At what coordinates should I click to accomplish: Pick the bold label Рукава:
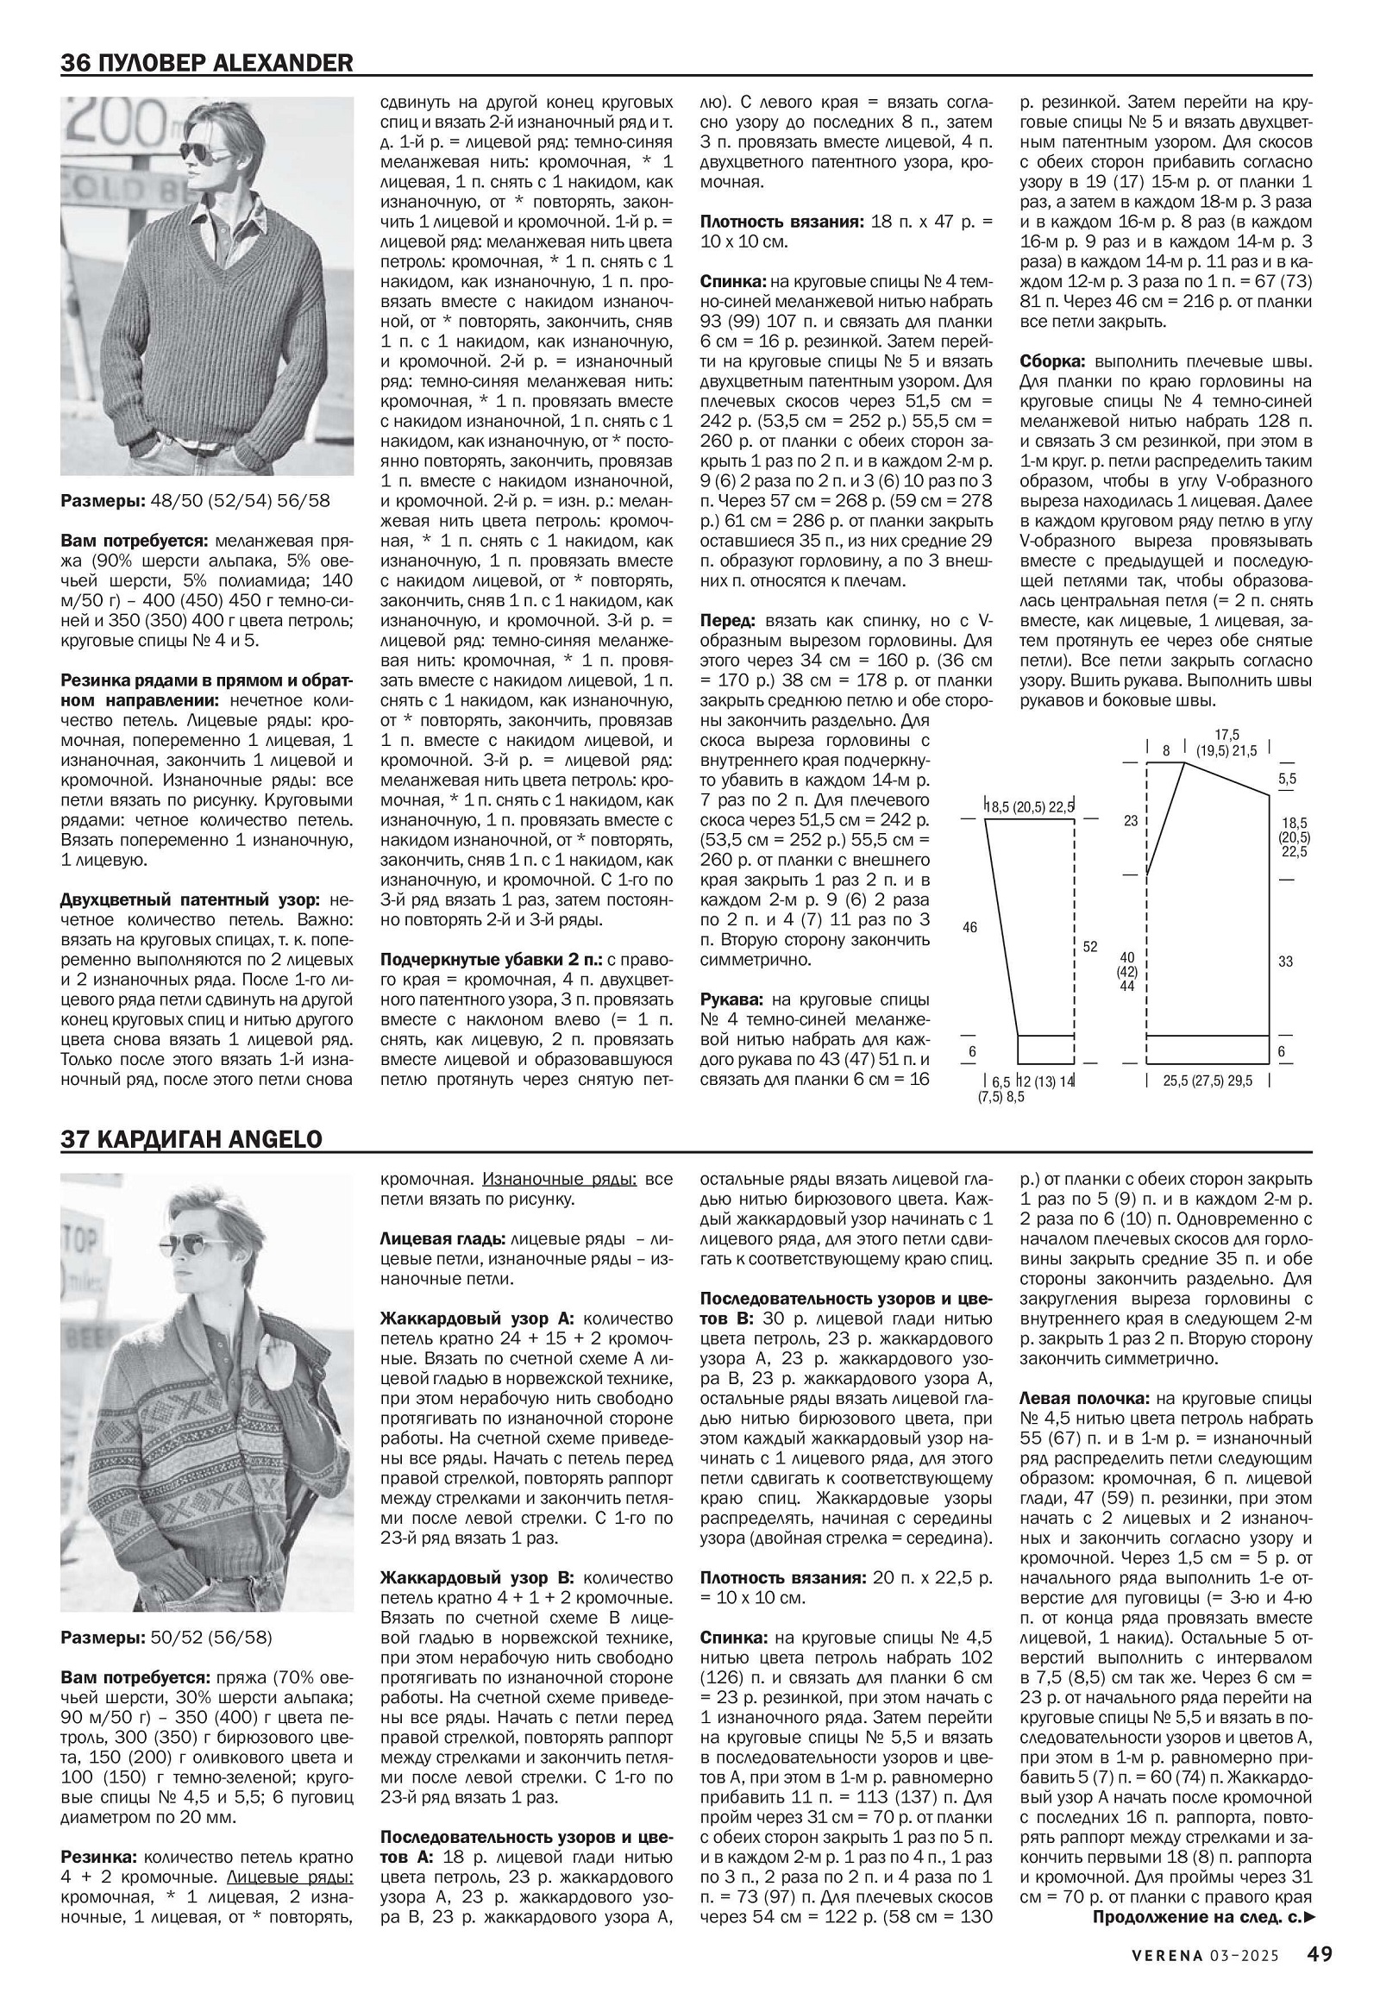tap(731, 999)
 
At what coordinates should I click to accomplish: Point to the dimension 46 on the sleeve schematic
tap(970, 928)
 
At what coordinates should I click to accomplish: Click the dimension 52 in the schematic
tap(1090, 947)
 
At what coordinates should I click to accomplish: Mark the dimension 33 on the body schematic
tap(1286, 961)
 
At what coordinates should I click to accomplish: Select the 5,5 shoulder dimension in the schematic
tap(1288, 778)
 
